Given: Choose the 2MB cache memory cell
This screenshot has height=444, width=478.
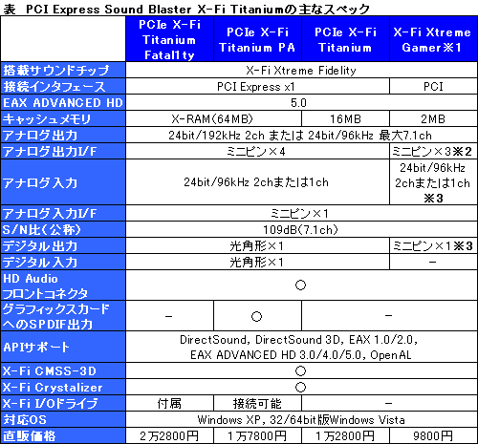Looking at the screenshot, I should point(433,118).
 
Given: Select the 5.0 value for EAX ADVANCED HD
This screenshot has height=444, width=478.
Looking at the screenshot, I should point(298,102).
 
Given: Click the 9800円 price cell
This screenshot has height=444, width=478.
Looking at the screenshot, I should point(433,434).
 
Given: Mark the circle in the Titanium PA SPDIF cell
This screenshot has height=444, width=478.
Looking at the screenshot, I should point(256,316).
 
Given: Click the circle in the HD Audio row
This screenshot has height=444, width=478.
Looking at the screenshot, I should point(300,284).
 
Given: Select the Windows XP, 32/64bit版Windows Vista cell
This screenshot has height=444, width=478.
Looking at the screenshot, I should point(300,418).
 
